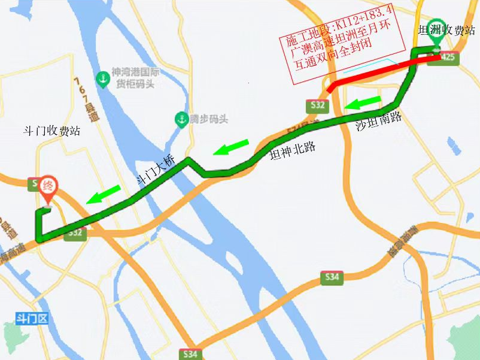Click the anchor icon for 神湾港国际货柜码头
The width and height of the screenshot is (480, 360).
104,78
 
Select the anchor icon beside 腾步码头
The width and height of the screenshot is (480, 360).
181,119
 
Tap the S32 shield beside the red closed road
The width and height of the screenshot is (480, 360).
318,106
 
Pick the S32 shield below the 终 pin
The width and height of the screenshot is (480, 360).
76,232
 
